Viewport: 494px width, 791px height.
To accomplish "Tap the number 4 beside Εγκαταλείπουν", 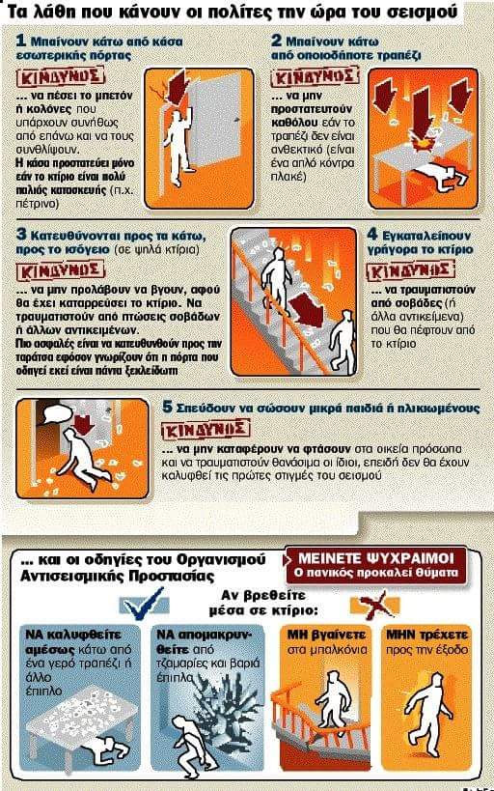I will click(373, 234).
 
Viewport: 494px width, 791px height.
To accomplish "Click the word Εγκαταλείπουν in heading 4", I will click(429, 234).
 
